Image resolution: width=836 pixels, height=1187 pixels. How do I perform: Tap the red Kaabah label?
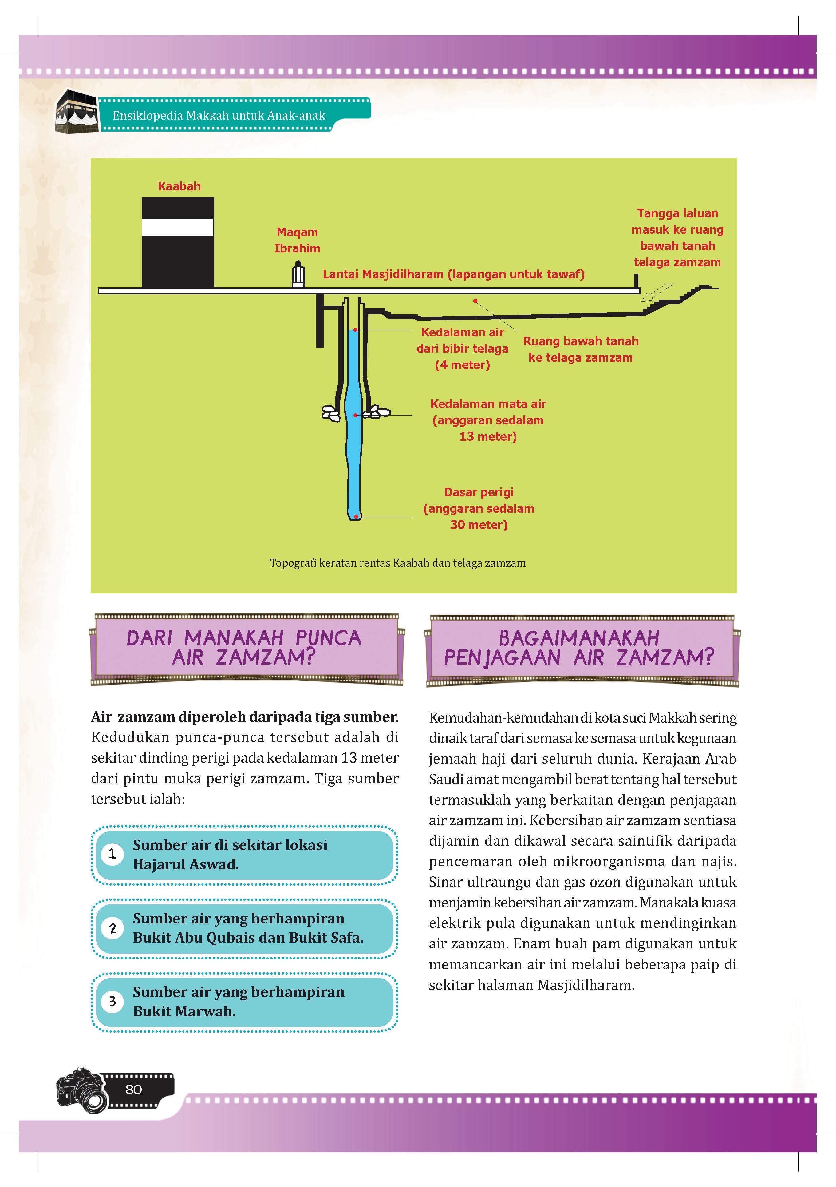click(179, 186)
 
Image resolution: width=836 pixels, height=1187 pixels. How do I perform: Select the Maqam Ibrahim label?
click(297, 240)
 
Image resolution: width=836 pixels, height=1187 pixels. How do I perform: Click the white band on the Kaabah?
click(178, 227)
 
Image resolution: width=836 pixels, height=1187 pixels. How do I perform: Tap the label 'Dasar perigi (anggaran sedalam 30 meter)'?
click(479, 508)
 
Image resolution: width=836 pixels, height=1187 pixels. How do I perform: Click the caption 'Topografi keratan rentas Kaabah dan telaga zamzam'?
click(397, 563)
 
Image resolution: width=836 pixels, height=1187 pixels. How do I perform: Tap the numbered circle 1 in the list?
click(112, 854)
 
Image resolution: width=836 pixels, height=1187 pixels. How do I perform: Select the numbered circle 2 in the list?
click(112, 928)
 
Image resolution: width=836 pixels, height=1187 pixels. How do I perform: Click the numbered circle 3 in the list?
click(112, 1001)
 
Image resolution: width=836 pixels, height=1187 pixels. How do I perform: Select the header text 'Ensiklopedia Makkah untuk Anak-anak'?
click(219, 115)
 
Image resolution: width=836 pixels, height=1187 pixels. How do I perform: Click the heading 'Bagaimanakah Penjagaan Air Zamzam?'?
click(579, 648)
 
